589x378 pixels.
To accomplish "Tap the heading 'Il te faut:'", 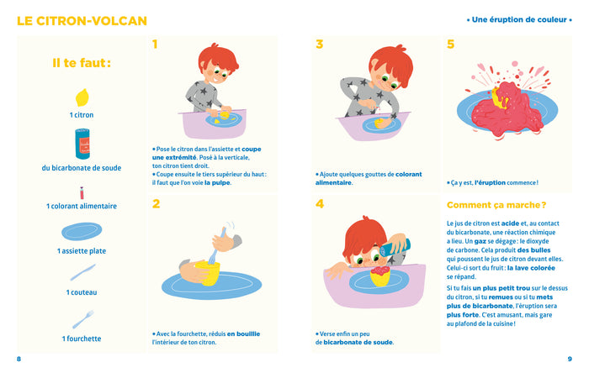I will click(x=82, y=62).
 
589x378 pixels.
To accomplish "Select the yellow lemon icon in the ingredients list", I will click(x=82, y=97).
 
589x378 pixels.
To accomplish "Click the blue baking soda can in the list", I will click(x=82, y=144).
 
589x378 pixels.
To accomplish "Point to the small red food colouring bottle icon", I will click(x=82, y=192).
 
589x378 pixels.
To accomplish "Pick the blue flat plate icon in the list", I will click(x=82, y=231).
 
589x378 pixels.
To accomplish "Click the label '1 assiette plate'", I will click(x=82, y=251).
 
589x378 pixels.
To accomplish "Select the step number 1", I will click(x=155, y=45).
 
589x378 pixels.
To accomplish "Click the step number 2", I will click(x=156, y=203).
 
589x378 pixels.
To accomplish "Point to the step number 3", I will click(x=319, y=45).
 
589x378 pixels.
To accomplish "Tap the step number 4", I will click(x=320, y=203).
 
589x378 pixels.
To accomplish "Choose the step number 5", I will click(x=451, y=45).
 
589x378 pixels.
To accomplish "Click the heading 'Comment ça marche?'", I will click(x=496, y=204).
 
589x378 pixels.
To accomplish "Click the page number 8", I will click(x=19, y=360).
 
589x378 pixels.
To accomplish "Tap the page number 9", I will click(x=570, y=360).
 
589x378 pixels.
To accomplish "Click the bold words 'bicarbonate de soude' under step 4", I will click(x=358, y=342).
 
